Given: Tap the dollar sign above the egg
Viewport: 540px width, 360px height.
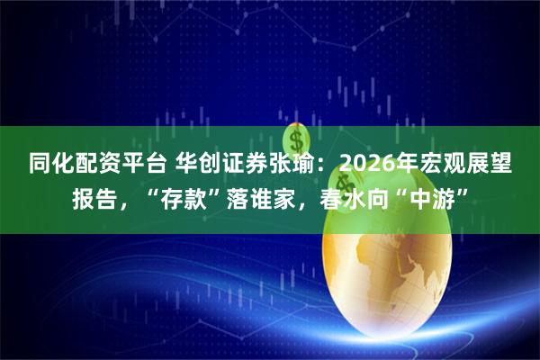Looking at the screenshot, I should point(294,140).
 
